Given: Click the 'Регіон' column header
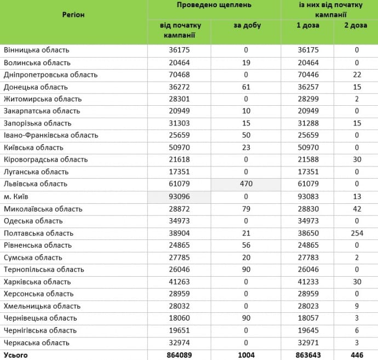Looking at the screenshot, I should (x=73, y=14).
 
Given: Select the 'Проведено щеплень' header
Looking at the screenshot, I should (x=214, y=5).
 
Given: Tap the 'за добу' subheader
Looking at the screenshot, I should (x=247, y=26).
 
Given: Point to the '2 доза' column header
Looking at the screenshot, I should (x=356, y=26).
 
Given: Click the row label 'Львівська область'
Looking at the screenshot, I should (x=36, y=184).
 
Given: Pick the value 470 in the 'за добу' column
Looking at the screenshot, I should (x=247, y=184).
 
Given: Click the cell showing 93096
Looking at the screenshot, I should (x=180, y=196).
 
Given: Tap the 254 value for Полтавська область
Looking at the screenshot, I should (x=356, y=233).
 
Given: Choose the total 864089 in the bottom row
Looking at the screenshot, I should (x=180, y=355).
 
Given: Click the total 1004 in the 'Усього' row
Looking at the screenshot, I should (x=247, y=355).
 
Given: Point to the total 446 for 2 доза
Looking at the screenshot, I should (x=356, y=355).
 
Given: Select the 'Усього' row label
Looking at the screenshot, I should (x=16, y=355).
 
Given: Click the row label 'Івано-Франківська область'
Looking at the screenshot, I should (x=51, y=135).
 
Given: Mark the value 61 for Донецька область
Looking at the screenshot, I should (x=247, y=87).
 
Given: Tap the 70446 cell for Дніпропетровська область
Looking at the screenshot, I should (x=314, y=75).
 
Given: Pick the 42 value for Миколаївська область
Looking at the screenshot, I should (x=356, y=209).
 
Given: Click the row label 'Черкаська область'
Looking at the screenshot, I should (x=37, y=342).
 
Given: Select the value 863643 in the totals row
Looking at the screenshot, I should (x=314, y=355).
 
